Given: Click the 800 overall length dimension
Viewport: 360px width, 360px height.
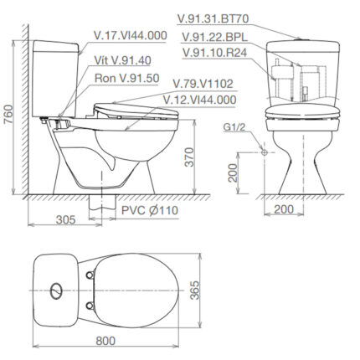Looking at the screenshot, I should pos(105,341).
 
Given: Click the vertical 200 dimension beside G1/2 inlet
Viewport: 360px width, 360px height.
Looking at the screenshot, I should pos(233,173).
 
